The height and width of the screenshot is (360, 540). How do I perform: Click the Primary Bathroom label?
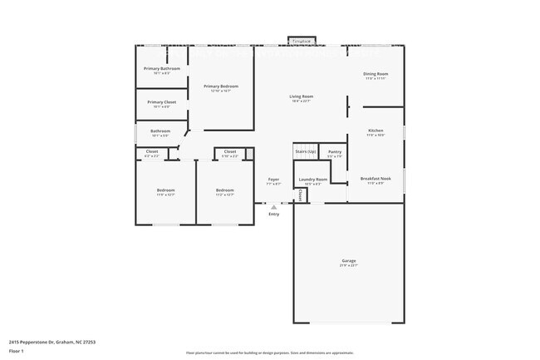pyautogui.click(x=162, y=68)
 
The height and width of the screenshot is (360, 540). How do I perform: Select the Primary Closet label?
pyautogui.click(x=162, y=102)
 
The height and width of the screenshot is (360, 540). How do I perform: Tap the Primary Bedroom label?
pyautogui.click(x=221, y=86)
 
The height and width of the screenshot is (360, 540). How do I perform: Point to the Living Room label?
pyautogui.click(x=301, y=97)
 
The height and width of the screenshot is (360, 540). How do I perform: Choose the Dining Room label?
pyautogui.click(x=376, y=74)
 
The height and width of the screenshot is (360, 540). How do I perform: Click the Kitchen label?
pyautogui.click(x=376, y=131)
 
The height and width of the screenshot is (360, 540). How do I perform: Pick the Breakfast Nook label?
pyautogui.click(x=376, y=178)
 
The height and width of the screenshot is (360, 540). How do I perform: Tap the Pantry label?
pyautogui.click(x=335, y=152)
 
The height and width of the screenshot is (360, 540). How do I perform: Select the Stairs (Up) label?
pyautogui.click(x=306, y=152)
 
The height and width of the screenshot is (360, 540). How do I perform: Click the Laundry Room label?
pyautogui.click(x=313, y=180)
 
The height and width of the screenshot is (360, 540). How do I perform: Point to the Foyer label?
pyautogui.click(x=273, y=180)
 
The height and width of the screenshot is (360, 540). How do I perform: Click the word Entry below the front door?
pyautogui.click(x=273, y=215)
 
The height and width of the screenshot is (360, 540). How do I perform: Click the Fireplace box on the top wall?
pyautogui.click(x=301, y=41)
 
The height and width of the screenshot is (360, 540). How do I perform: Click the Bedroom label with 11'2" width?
pyautogui.click(x=224, y=190)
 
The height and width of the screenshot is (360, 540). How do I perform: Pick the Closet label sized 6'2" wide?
pyautogui.click(x=151, y=152)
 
